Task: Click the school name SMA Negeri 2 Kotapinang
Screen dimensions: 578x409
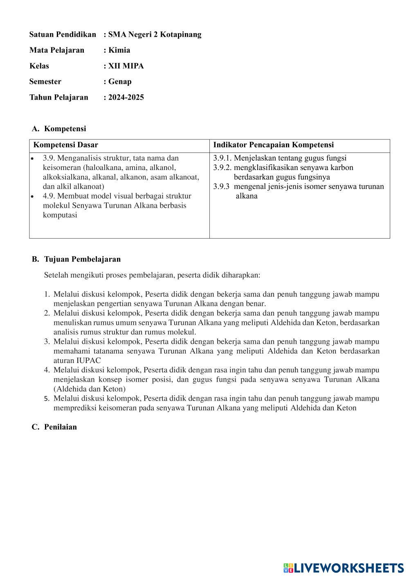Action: pyautogui.click(x=155, y=34)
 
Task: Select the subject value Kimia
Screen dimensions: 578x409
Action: pyautogui.click(x=119, y=50)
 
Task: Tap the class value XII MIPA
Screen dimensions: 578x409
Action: pyautogui.click(x=126, y=66)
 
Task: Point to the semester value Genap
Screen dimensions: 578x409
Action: pyautogui.click(x=120, y=81)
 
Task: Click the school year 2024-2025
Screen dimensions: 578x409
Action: pyautogui.click(x=126, y=97)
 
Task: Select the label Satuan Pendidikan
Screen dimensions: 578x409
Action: pyautogui.click(x=63, y=34)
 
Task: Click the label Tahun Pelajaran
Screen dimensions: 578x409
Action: pyautogui.click(x=58, y=97)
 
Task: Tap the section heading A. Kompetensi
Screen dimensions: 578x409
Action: pyautogui.click(x=59, y=129)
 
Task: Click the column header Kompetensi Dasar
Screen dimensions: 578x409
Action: pyautogui.click(x=65, y=145)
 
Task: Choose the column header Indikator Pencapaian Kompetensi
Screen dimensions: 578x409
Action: pyautogui.click(x=273, y=145)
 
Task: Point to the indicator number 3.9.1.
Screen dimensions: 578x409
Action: pyautogui.click(x=222, y=158)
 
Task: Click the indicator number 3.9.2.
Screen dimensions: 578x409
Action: pyautogui.click(x=222, y=168)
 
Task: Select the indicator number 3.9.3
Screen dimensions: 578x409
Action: pyautogui.click(x=221, y=187)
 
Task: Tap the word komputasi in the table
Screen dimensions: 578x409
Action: pyautogui.click(x=60, y=215)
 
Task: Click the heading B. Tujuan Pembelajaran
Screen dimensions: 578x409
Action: pyautogui.click(x=76, y=259)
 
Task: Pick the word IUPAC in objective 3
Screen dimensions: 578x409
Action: pyautogui.click(x=88, y=361)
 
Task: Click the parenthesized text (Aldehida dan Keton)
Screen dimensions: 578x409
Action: pyautogui.click(x=90, y=389)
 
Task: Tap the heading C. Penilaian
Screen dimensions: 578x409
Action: pyautogui.click(x=54, y=427)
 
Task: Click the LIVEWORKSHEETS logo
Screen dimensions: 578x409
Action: pyautogui.click(x=344, y=568)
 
